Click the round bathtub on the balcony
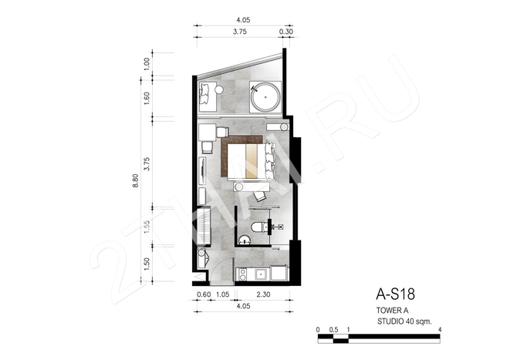pyautogui.click(x=265, y=97)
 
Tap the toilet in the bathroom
pyautogui.click(x=259, y=227)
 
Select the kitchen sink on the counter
pyautogui.click(x=262, y=274)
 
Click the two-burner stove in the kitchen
pyautogui.click(x=242, y=274)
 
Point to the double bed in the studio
pyautogui.click(x=251, y=161)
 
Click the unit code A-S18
pyautogui.click(x=395, y=294)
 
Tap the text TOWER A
pyautogui.click(x=392, y=311)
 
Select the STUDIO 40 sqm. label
pyautogui.click(x=404, y=321)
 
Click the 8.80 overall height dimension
pyautogui.click(x=136, y=180)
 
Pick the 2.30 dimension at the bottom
pyautogui.click(x=263, y=294)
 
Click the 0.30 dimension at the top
pyautogui.click(x=286, y=32)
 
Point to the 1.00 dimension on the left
pyautogui.click(x=147, y=64)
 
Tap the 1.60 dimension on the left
pyautogui.click(x=147, y=98)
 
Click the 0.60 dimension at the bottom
pyautogui.click(x=204, y=294)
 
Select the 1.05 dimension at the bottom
pyautogui.click(x=223, y=294)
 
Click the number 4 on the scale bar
pyautogui.click(x=440, y=330)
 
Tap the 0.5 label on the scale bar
pyautogui.click(x=333, y=330)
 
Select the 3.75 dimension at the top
pyautogui.click(x=240, y=32)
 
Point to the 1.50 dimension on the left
pyautogui.click(x=147, y=264)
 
